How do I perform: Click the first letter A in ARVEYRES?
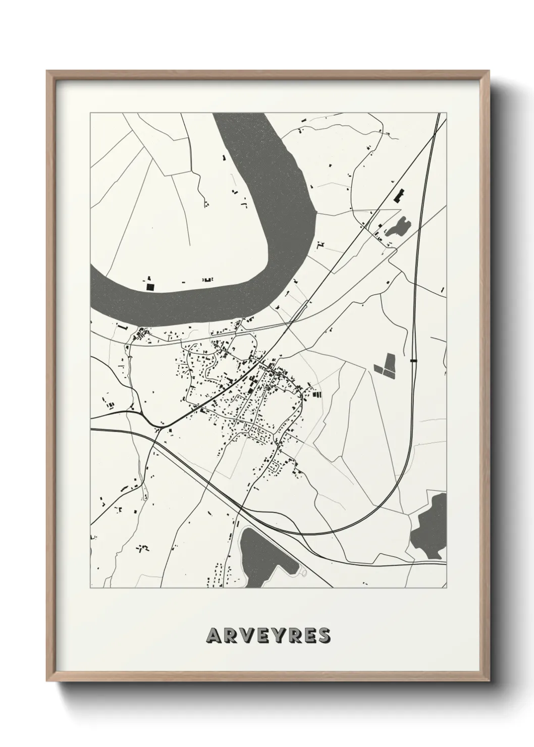point(212,635)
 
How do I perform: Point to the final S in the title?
point(324,635)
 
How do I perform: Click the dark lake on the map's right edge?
point(432,527)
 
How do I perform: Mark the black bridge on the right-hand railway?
point(414,360)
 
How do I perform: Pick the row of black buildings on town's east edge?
point(316,394)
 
